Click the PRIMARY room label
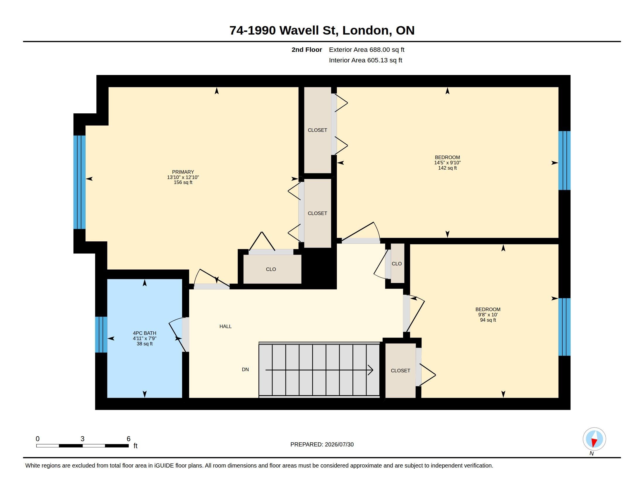click(x=183, y=172)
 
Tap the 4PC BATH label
click(x=145, y=333)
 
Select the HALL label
click(x=225, y=326)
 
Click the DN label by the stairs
click(x=245, y=369)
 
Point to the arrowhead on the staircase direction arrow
click(x=371, y=370)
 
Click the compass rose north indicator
click(x=594, y=439)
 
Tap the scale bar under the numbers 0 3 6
click(x=82, y=446)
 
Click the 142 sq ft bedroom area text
click(x=447, y=168)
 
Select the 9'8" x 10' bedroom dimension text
click(x=488, y=315)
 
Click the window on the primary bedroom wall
click(x=79, y=182)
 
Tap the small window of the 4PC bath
click(x=101, y=335)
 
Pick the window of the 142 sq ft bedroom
click(x=564, y=161)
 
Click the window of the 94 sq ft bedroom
click(x=564, y=327)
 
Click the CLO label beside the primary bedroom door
click(x=271, y=269)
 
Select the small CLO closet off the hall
click(x=397, y=263)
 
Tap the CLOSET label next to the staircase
click(x=400, y=371)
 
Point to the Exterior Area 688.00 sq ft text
click(x=366, y=50)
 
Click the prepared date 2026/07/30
click(x=339, y=444)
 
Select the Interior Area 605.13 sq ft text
click(x=365, y=60)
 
